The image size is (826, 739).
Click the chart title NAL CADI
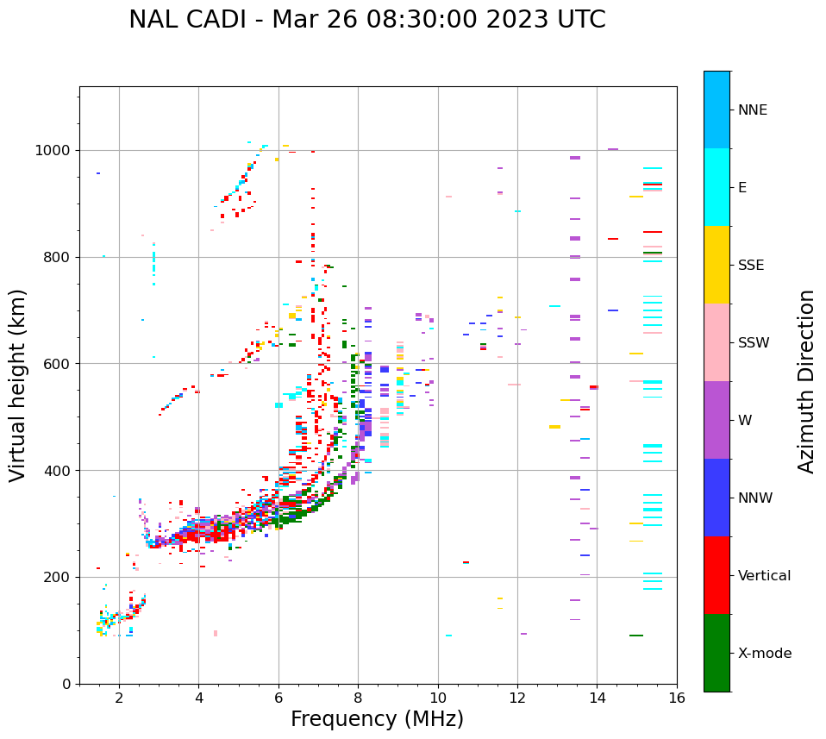367,21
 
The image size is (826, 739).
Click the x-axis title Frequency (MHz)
377,719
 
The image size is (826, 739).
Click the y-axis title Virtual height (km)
18,385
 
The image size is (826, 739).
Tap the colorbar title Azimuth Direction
806,381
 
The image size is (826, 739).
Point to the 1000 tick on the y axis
57,150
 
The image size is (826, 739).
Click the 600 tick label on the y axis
60,364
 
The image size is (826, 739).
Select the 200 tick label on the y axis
60,577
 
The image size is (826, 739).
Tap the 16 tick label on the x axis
677,698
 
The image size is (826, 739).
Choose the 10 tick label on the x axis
438,698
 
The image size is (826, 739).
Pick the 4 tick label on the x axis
198,698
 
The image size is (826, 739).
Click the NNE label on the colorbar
753,110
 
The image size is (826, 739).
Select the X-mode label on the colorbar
765,654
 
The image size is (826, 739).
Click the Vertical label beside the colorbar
764,576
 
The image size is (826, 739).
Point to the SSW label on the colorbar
754,343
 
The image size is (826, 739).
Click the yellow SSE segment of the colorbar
716,265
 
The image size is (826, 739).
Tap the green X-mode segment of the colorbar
716,653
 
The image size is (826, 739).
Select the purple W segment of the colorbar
716,420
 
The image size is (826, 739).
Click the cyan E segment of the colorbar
716,187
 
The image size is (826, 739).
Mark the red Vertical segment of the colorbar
716,575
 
